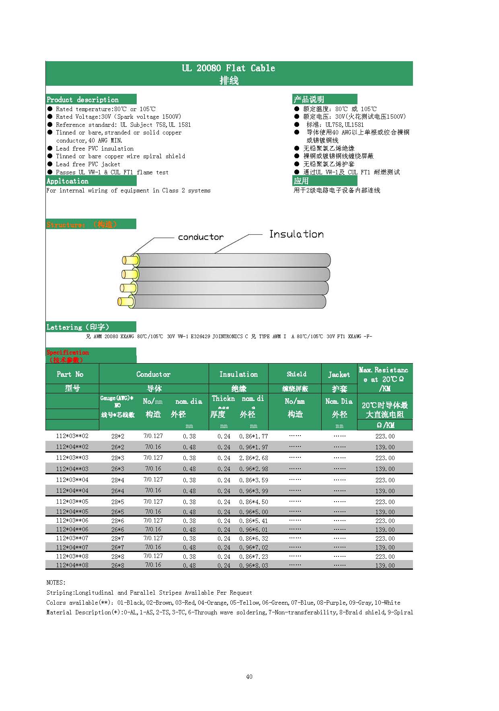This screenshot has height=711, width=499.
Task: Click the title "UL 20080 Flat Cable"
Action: click(228, 68)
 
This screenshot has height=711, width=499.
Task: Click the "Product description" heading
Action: click(83, 99)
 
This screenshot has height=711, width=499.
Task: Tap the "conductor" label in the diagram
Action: click(201, 237)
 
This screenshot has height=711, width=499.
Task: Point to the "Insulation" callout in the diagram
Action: click(296, 234)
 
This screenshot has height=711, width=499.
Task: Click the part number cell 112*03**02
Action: click(72, 436)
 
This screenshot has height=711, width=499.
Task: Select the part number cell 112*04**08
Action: click(72, 565)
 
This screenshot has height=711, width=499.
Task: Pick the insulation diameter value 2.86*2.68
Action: click(253, 458)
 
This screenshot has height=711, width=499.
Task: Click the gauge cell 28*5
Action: click(117, 502)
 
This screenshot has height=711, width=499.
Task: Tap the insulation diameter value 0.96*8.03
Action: click(253, 566)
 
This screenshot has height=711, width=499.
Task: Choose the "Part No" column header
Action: click(70, 374)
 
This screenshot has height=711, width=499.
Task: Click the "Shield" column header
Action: click(296, 374)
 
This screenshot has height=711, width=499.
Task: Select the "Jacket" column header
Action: click(339, 374)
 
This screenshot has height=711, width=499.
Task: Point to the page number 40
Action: click(249, 677)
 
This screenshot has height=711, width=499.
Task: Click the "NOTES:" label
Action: click(56, 583)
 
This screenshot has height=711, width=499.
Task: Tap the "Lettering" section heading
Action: click(78, 327)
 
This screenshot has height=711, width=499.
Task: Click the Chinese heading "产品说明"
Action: click(309, 99)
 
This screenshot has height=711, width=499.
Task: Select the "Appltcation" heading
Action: click(68, 181)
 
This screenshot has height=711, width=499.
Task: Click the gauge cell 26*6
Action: click(117, 530)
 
